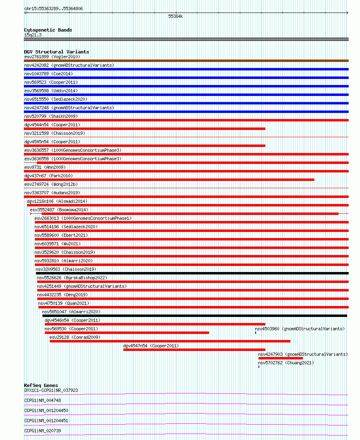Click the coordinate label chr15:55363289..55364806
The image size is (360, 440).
coord(53,9)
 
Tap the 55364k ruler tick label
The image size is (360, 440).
coord(176,17)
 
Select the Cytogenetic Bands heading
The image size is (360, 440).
coord(48,30)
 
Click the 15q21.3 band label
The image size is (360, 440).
coord(33,35)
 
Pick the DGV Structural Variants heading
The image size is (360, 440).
coord(56,52)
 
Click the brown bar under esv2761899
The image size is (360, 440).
coord(186,61)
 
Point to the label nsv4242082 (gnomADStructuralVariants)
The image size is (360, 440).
coord(69,65)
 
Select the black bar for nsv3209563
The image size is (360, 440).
coord(192,273)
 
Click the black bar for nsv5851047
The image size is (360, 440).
coord(195,316)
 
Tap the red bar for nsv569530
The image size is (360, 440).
coord(127,333)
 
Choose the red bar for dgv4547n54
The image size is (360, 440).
coord(194,350)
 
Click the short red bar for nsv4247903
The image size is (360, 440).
coord(280,358)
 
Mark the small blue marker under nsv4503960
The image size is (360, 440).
coord(256,333)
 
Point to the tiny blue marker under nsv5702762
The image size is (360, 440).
coord(259,367)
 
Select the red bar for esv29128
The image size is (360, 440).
coord(170,341)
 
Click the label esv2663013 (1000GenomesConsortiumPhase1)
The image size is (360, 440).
coord(83,218)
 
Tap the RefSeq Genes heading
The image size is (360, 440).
coord(41,385)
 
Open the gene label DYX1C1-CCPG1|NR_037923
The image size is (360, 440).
coord(51,390)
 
